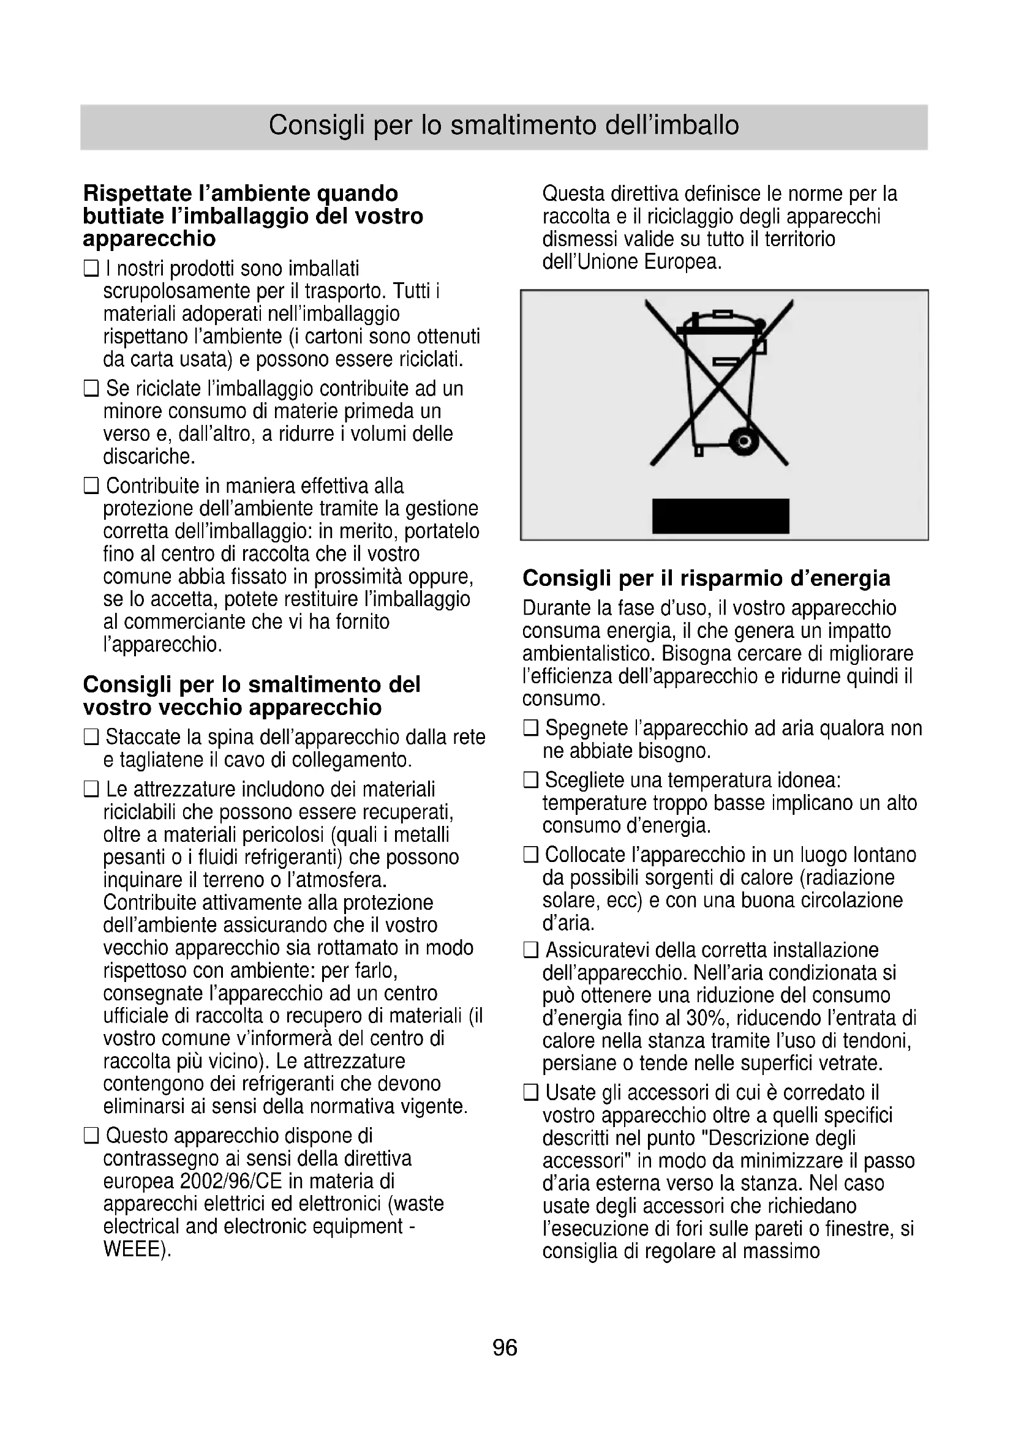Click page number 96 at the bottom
point(505,1348)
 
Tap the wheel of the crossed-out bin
point(743,441)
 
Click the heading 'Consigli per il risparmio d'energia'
point(706,578)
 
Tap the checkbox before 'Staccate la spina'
point(92,738)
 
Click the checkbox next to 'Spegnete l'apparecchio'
point(531,729)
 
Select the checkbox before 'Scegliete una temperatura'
point(531,780)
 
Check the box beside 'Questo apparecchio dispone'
point(92,1136)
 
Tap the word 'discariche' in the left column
point(148,457)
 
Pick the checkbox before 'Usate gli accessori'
point(531,1093)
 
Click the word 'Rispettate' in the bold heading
point(137,193)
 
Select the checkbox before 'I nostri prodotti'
point(92,269)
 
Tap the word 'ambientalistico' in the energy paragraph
point(589,654)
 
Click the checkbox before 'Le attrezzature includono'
point(92,790)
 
